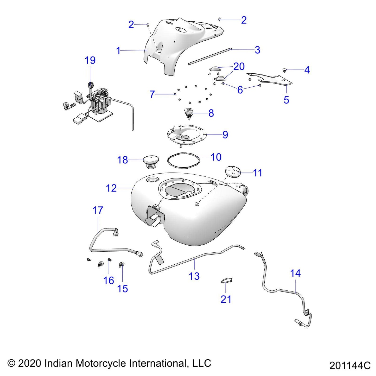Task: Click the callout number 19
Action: (x=90, y=60)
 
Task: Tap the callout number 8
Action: (x=211, y=113)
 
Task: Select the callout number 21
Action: (x=226, y=299)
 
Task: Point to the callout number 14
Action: (x=295, y=273)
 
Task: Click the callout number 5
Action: (x=286, y=100)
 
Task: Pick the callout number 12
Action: (x=111, y=188)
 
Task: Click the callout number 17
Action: (x=98, y=210)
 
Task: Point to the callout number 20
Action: (x=239, y=66)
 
